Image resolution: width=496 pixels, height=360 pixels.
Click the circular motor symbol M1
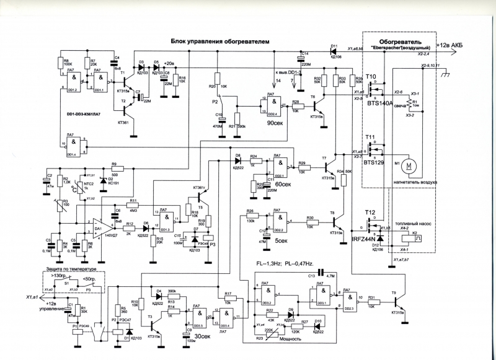click(410, 167)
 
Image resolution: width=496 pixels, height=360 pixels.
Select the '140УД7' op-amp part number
click(112, 236)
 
